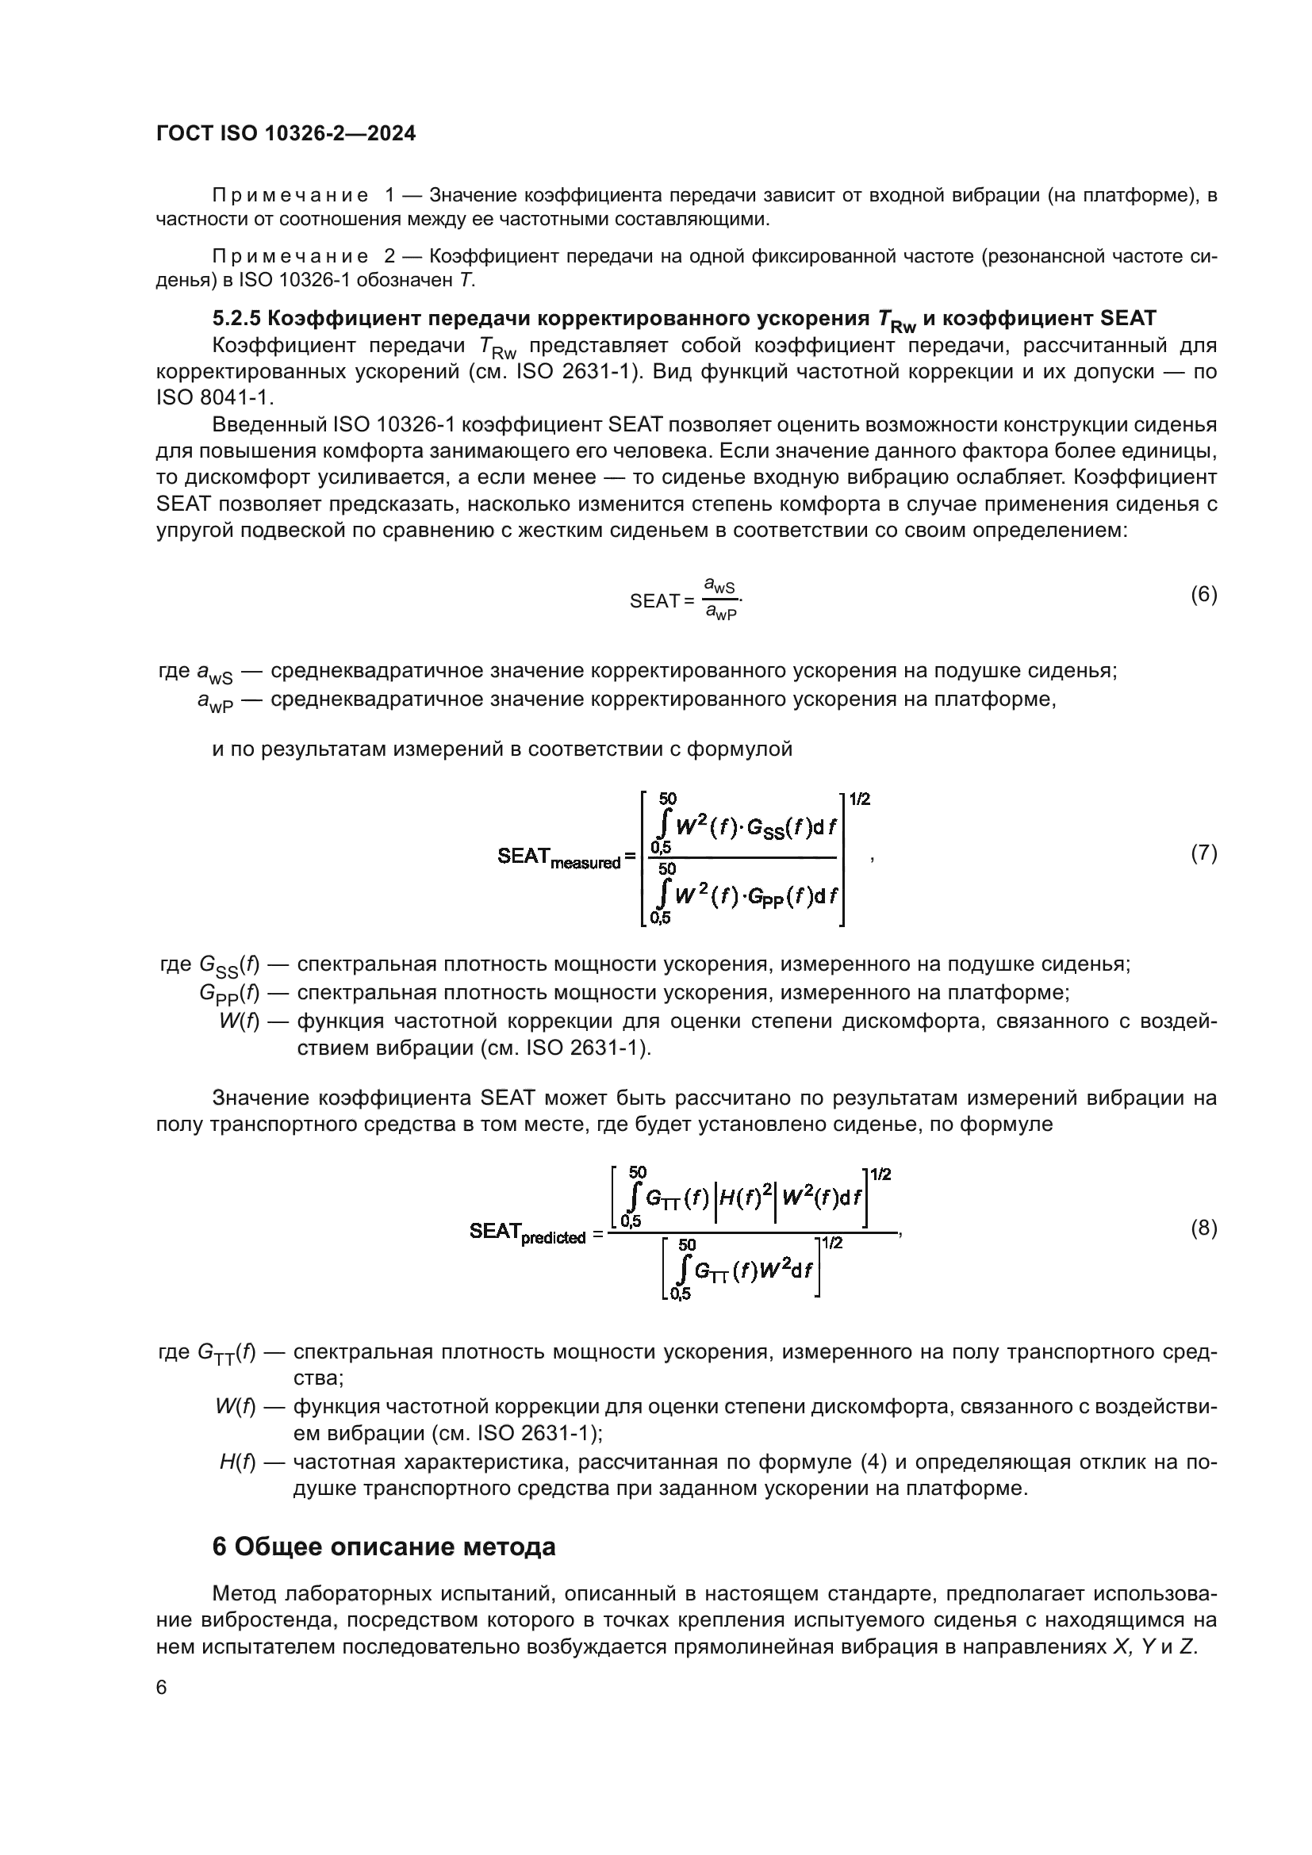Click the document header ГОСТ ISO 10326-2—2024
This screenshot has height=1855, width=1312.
point(286,134)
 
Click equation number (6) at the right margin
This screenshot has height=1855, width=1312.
point(1203,596)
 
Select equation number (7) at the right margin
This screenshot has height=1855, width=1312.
point(1203,853)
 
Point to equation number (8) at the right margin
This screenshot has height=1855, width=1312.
point(1203,1228)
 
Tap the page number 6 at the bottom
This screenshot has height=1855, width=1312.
point(162,1688)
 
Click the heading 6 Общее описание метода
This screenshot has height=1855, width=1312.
point(384,1547)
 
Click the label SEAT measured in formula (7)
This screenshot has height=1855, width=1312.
point(558,858)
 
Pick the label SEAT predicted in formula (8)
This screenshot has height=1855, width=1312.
point(527,1233)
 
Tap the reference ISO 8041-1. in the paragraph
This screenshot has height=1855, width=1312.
point(216,398)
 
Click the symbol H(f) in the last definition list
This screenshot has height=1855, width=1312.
point(236,1462)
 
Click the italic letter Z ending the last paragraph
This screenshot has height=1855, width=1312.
point(1187,1646)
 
